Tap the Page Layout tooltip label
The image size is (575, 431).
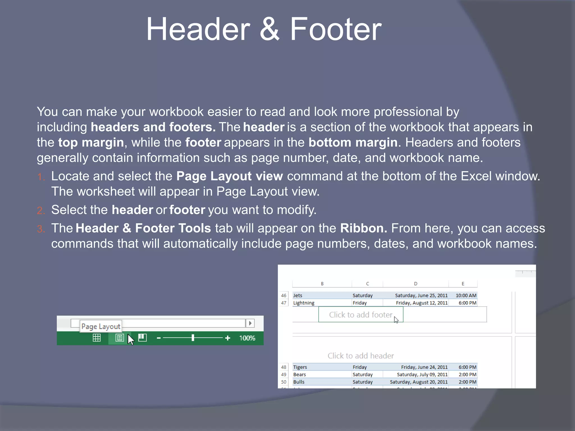coord(101,326)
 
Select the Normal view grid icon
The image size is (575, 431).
coord(97,338)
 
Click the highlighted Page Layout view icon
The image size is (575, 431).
coord(120,338)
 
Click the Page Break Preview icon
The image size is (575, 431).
coord(142,338)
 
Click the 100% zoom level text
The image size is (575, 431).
coord(247,338)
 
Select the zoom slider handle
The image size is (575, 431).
coord(193,338)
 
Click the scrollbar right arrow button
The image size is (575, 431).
coord(250,323)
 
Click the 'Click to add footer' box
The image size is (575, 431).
coord(360,315)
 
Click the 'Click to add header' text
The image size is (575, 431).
coord(360,356)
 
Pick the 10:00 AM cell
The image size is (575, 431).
coord(466,295)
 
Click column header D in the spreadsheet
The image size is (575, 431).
coord(416,284)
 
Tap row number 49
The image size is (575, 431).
coord(284,375)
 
